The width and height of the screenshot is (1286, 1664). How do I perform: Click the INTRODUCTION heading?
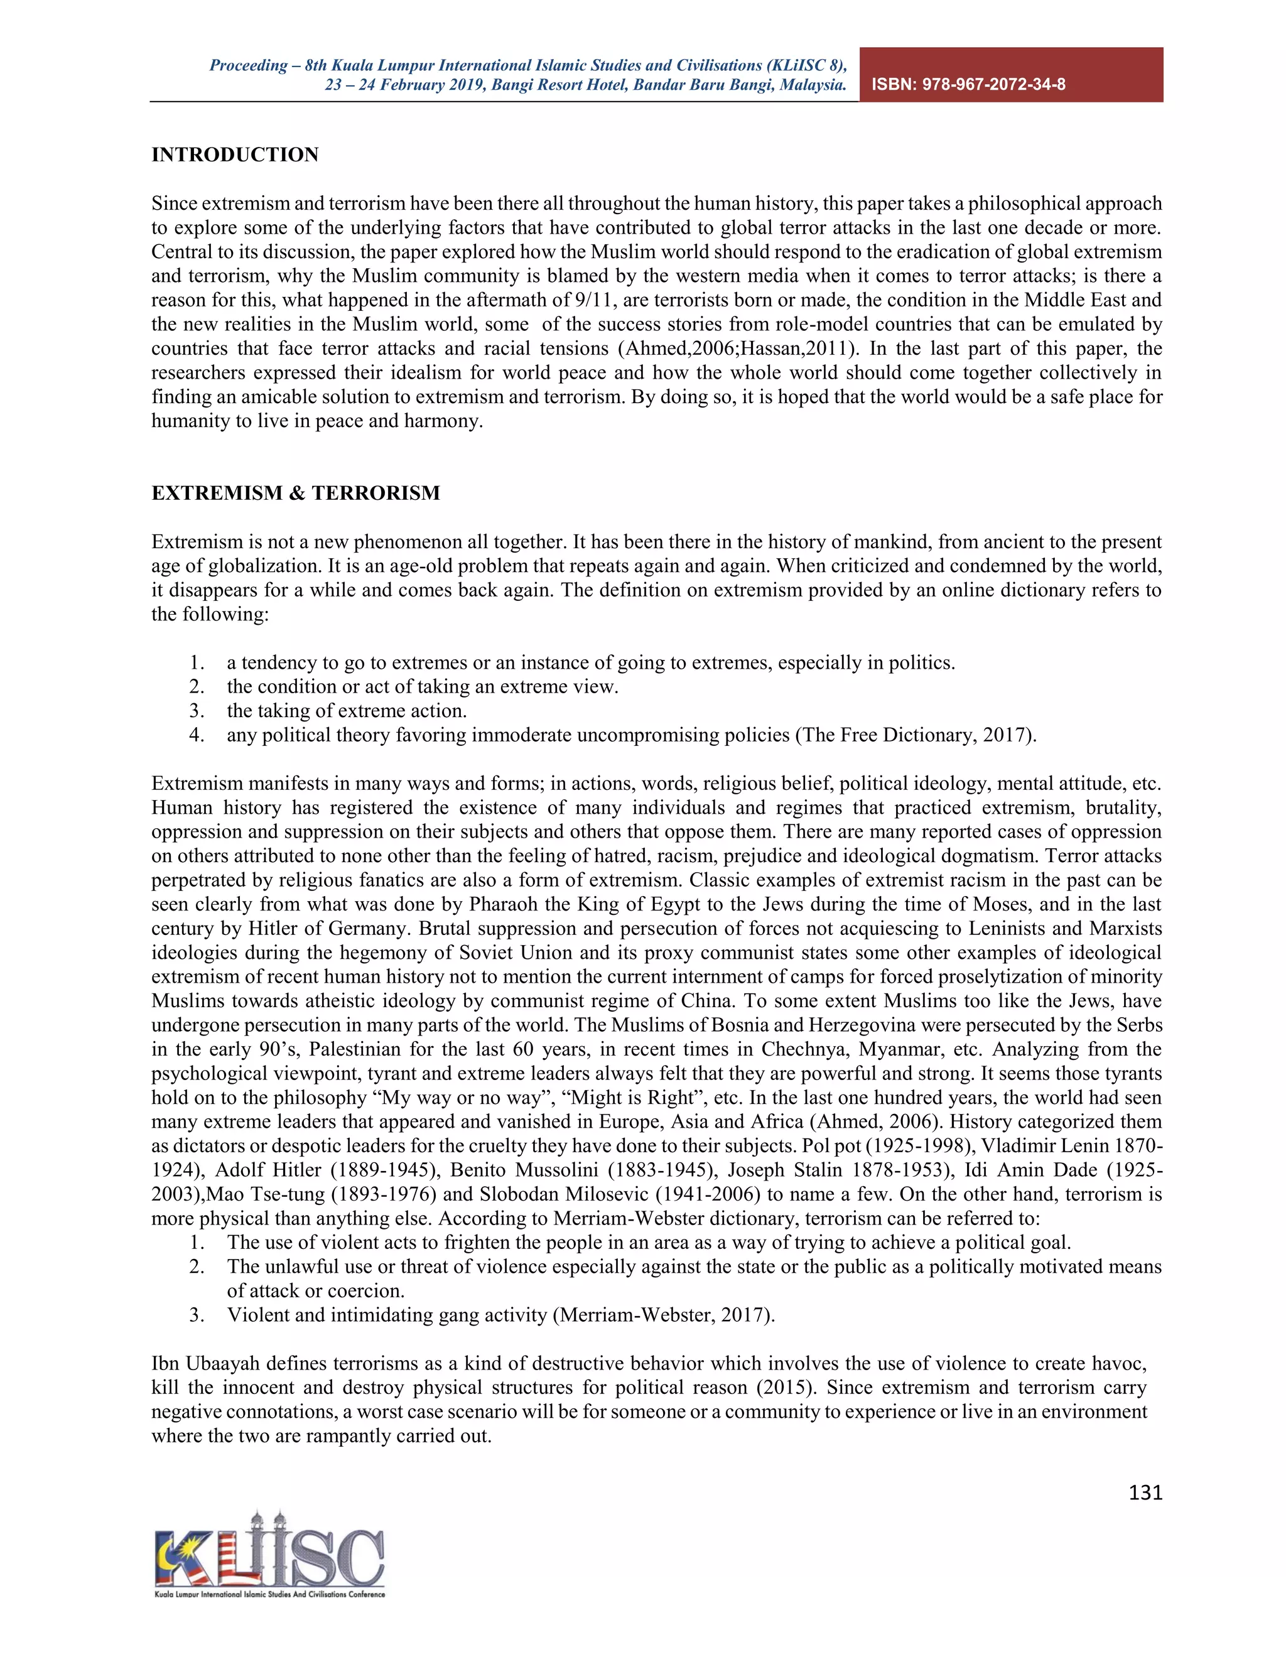coord(235,154)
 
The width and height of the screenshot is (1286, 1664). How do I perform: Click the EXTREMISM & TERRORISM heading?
coord(296,493)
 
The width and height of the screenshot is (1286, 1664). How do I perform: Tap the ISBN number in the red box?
coord(968,85)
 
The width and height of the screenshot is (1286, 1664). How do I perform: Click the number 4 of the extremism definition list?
coord(196,735)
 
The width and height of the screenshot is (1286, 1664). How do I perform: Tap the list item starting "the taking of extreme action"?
coord(347,711)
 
